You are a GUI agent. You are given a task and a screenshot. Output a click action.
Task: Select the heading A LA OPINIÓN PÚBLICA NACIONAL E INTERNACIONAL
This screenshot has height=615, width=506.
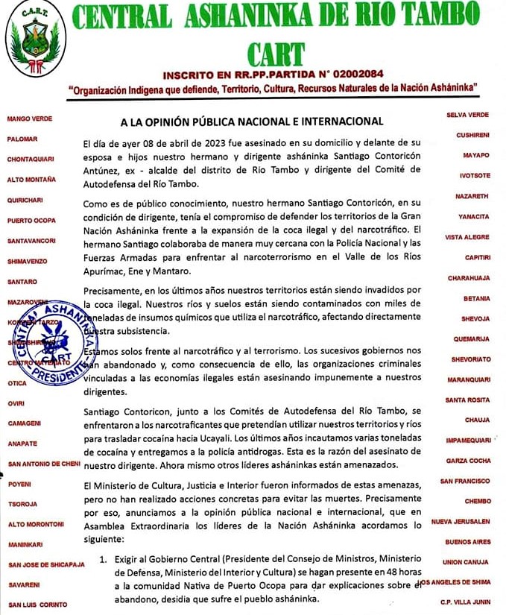click(x=252, y=121)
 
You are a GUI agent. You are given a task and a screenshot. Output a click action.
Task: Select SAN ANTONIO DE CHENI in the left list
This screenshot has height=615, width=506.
click(x=43, y=464)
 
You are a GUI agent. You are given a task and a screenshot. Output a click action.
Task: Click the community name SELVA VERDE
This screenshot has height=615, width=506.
click(x=467, y=115)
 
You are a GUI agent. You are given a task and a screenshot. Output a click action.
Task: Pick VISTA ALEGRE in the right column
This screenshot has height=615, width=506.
click(x=467, y=237)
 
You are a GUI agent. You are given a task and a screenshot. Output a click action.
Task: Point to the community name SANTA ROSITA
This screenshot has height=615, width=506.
click(x=467, y=400)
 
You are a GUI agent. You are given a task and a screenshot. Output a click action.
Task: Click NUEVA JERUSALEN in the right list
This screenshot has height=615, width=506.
click(x=461, y=521)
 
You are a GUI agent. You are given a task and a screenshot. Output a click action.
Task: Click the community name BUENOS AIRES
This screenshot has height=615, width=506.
click(x=467, y=542)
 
